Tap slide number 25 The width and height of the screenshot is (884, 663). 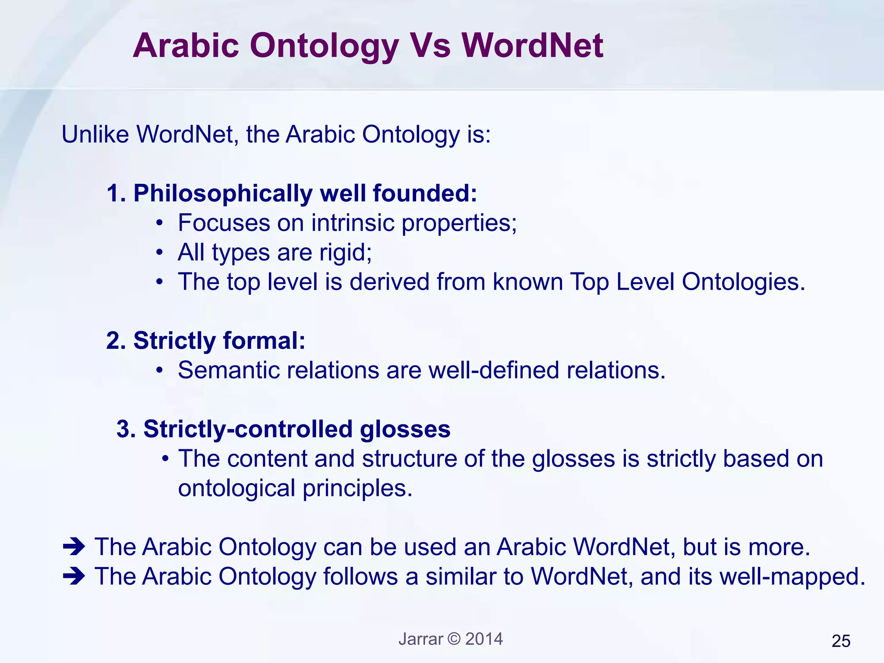coord(841,641)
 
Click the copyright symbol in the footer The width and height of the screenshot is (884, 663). coord(454,638)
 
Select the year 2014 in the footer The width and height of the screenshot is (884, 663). coord(484,639)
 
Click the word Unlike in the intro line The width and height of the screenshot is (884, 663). coord(95,134)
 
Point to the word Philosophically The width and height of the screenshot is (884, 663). coord(223,193)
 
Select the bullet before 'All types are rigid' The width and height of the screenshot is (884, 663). coord(160,253)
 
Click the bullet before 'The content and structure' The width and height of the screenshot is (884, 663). coord(165,458)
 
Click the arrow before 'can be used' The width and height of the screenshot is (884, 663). coord(74,547)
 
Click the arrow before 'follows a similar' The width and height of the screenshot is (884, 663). coord(74,576)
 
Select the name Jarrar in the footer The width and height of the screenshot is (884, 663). coord(420,639)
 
